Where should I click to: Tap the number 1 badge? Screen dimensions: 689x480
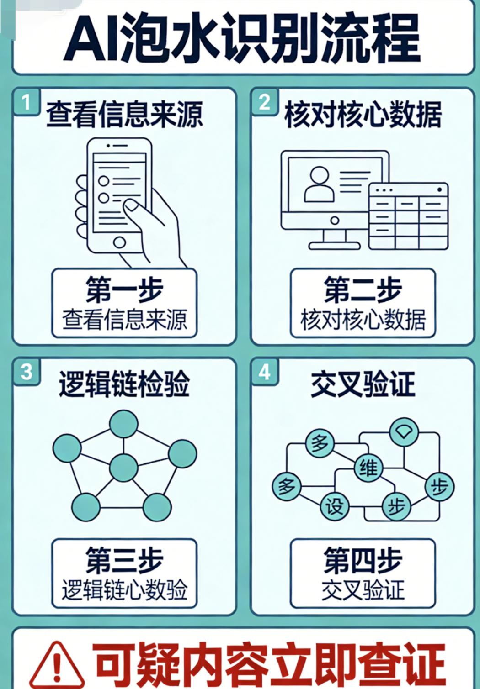pos(26,102)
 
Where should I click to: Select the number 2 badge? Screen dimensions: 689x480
pos(265,102)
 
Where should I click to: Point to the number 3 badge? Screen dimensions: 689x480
pos(27,372)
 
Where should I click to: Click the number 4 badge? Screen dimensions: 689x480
pos(265,372)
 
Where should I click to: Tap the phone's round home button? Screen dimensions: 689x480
pos(120,242)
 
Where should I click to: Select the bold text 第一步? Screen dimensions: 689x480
pos(124,289)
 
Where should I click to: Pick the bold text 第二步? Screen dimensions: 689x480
pos(363,289)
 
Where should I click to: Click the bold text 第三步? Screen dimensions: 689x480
pos(124,560)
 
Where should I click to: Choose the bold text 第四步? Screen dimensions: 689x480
pos(363,560)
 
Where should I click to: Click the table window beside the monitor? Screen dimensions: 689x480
pos(408,216)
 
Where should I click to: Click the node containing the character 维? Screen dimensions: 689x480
pos(368,468)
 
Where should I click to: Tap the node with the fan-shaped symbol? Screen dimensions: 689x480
pos(404,432)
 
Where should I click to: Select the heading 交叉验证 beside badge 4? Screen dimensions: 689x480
pos(363,384)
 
